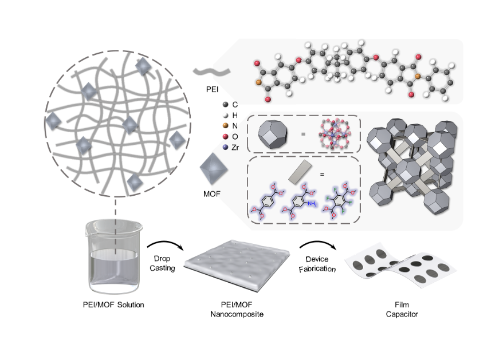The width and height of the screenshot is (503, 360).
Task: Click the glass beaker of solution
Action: click(x=112, y=260)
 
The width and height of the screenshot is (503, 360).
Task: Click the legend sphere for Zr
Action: click(x=226, y=147)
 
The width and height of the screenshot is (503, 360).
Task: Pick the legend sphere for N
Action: click(x=226, y=126)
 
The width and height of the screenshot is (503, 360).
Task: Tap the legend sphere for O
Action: click(x=226, y=136)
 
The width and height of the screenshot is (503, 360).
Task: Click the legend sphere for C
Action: click(x=226, y=105)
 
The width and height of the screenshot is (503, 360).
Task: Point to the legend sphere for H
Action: click(x=226, y=115)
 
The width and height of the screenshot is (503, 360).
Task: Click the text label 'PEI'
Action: click(x=212, y=90)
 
